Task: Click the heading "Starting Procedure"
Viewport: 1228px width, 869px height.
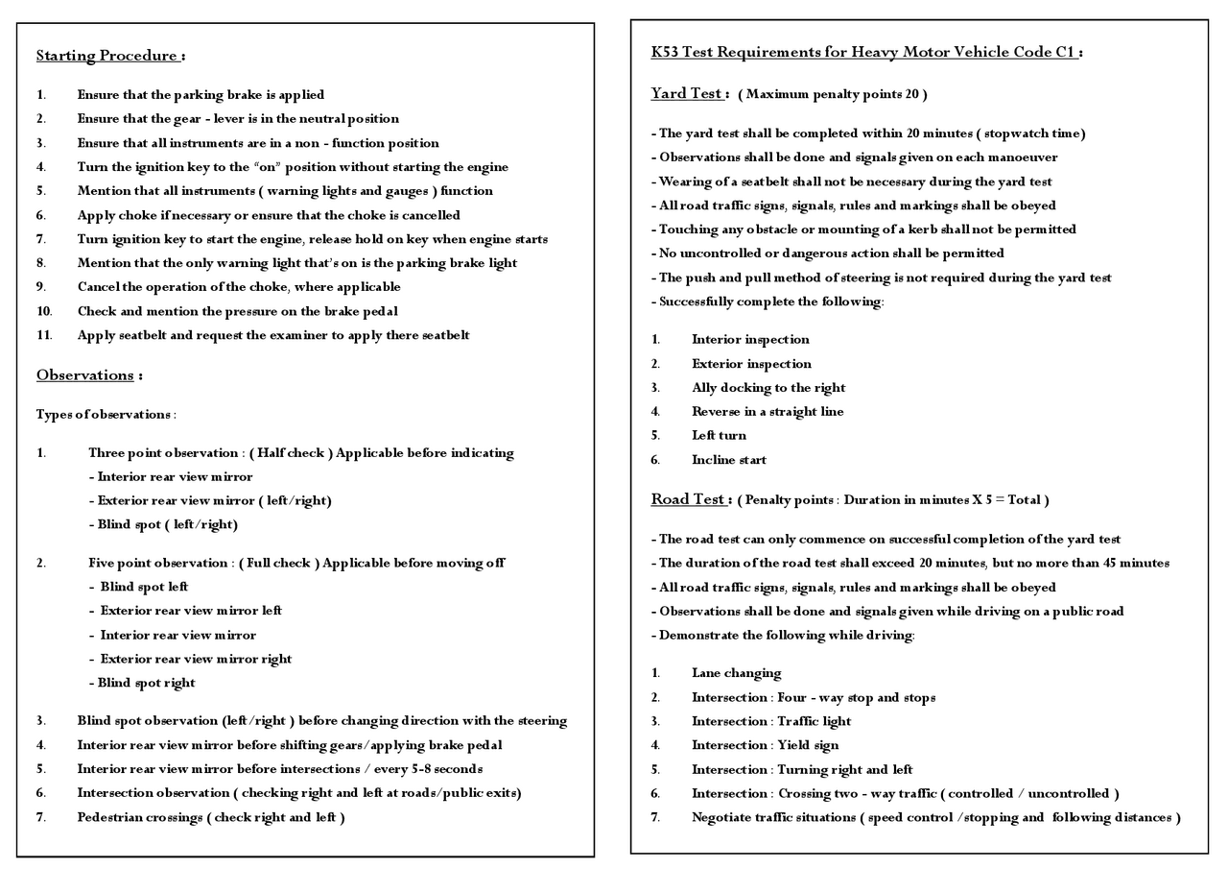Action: point(106,56)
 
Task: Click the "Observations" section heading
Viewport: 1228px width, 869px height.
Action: point(84,375)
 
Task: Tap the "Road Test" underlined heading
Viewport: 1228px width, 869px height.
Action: point(688,499)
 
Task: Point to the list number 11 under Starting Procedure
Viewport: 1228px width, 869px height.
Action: point(44,335)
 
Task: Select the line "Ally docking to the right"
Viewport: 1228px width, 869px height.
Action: point(768,388)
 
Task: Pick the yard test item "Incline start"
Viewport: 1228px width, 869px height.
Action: point(729,460)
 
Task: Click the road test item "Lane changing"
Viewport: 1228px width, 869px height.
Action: point(736,673)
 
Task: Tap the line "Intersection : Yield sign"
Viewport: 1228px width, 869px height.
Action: point(765,745)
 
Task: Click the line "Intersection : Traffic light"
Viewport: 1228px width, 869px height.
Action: point(771,721)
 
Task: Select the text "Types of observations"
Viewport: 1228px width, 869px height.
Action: point(105,415)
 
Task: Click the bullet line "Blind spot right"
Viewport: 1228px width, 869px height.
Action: point(146,683)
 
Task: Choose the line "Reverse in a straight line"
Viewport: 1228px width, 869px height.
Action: point(767,412)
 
